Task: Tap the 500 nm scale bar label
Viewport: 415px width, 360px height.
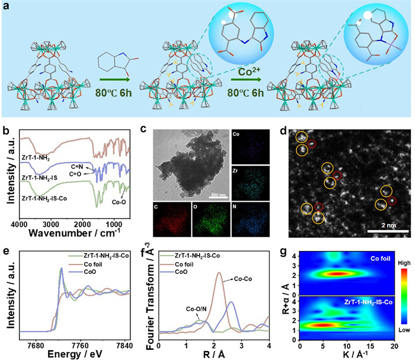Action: [x=219, y=194]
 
